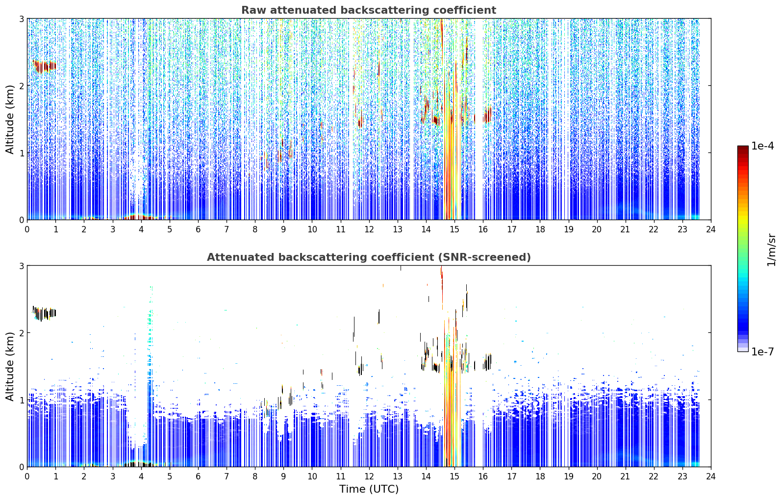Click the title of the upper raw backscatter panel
tap(369, 10)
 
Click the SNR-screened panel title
tap(369, 257)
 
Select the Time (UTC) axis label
tap(369, 489)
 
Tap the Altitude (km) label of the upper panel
tap(10, 120)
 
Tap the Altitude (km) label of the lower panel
tap(10, 366)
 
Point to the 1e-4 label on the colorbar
tap(762, 146)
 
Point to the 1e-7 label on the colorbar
tap(762, 351)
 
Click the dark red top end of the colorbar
tap(743, 148)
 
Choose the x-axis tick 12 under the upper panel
tap(369, 229)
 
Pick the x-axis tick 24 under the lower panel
tap(711, 476)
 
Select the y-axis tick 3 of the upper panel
tap(21, 19)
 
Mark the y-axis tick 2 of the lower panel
tap(21, 333)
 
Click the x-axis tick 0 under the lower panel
tap(27, 476)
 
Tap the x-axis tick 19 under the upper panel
tap(568, 229)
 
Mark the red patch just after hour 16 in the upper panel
tap(487, 115)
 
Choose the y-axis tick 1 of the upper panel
tap(21, 153)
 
